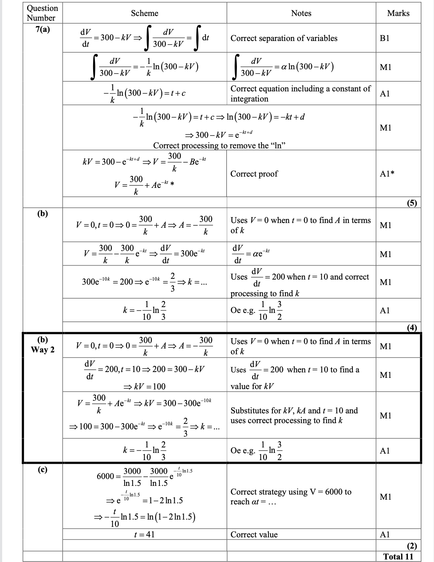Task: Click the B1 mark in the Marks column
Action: tap(384, 38)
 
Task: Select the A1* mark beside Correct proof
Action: tap(387, 174)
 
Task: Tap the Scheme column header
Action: tap(145, 13)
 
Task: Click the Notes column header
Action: tap(301, 13)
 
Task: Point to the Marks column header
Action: tap(398, 13)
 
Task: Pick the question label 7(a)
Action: tap(43, 30)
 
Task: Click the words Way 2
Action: tap(43, 350)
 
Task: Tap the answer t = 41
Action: tap(144, 534)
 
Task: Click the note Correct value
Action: tap(254, 534)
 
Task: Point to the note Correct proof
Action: tap(254, 174)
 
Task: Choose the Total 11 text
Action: tap(398, 557)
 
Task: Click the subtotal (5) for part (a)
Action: tap(411, 203)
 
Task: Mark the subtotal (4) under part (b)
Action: tap(411, 328)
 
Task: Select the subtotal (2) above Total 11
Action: tap(411, 546)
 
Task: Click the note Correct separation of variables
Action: tap(284, 38)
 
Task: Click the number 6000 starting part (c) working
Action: tap(105, 476)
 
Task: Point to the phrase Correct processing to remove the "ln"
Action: tap(220, 146)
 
